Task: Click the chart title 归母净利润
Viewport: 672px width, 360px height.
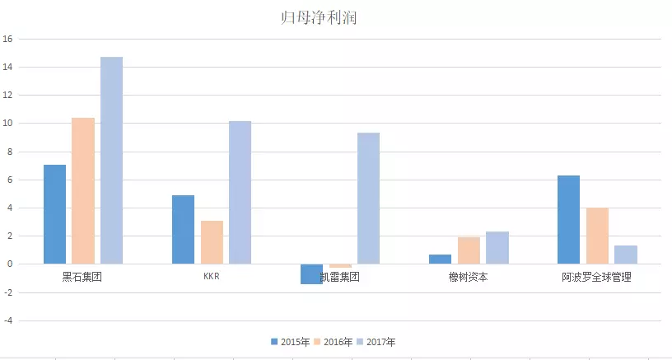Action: click(318, 17)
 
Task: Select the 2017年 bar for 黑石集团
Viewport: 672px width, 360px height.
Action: click(111, 161)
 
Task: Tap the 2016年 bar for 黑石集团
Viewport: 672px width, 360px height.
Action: click(83, 191)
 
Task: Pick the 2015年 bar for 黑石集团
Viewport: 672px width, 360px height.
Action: click(54, 214)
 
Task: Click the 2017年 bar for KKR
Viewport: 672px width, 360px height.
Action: click(240, 193)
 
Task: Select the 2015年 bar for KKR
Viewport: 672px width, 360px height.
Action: click(183, 230)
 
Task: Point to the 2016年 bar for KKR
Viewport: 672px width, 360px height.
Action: click(212, 242)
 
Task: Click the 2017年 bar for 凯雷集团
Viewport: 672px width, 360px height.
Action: click(368, 199)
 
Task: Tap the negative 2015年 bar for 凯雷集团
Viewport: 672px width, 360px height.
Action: click(311, 274)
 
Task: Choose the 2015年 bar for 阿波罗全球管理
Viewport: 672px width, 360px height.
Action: click(568, 220)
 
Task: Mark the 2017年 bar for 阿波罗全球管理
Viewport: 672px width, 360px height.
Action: click(625, 255)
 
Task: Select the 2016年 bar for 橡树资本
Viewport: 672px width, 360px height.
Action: click(469, 250)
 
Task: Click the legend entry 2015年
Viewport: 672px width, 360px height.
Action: click(290, 342)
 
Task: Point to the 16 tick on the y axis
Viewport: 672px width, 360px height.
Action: click(7, 39)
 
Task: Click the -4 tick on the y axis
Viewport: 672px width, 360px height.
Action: click(7, 320)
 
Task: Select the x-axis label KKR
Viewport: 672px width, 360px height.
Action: click(212, 277)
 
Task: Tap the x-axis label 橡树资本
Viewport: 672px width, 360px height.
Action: click(468, 278)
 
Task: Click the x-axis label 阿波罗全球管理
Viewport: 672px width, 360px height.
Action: click(596, 278)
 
